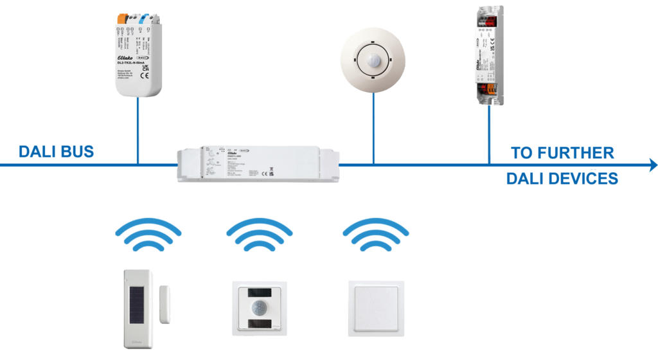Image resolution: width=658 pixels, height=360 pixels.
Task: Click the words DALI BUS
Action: tap(56, 152)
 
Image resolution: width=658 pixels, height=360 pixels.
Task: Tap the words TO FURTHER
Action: tap(562, 153)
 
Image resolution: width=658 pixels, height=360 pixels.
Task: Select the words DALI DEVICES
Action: tap(562, 178)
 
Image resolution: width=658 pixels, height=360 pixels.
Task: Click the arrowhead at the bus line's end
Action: tap(652, 165)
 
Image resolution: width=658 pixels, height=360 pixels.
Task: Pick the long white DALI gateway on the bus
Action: tap(258, 164)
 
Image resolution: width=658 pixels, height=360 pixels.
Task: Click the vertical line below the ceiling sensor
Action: tap(373, 129)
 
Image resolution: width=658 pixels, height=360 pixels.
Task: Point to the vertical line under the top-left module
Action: tap(138, 132)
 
